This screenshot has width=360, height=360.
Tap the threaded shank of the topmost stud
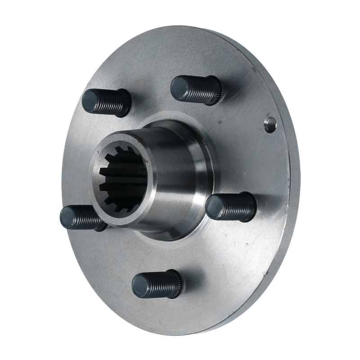click(x=198, y=89)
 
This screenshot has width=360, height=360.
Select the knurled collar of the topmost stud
click(x=216, y=91)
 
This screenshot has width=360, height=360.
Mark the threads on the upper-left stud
click(x=110, y=102)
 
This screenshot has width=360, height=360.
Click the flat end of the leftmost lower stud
click(x=69, y=217)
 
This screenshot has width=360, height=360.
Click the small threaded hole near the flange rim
click(x=270, y=124)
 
